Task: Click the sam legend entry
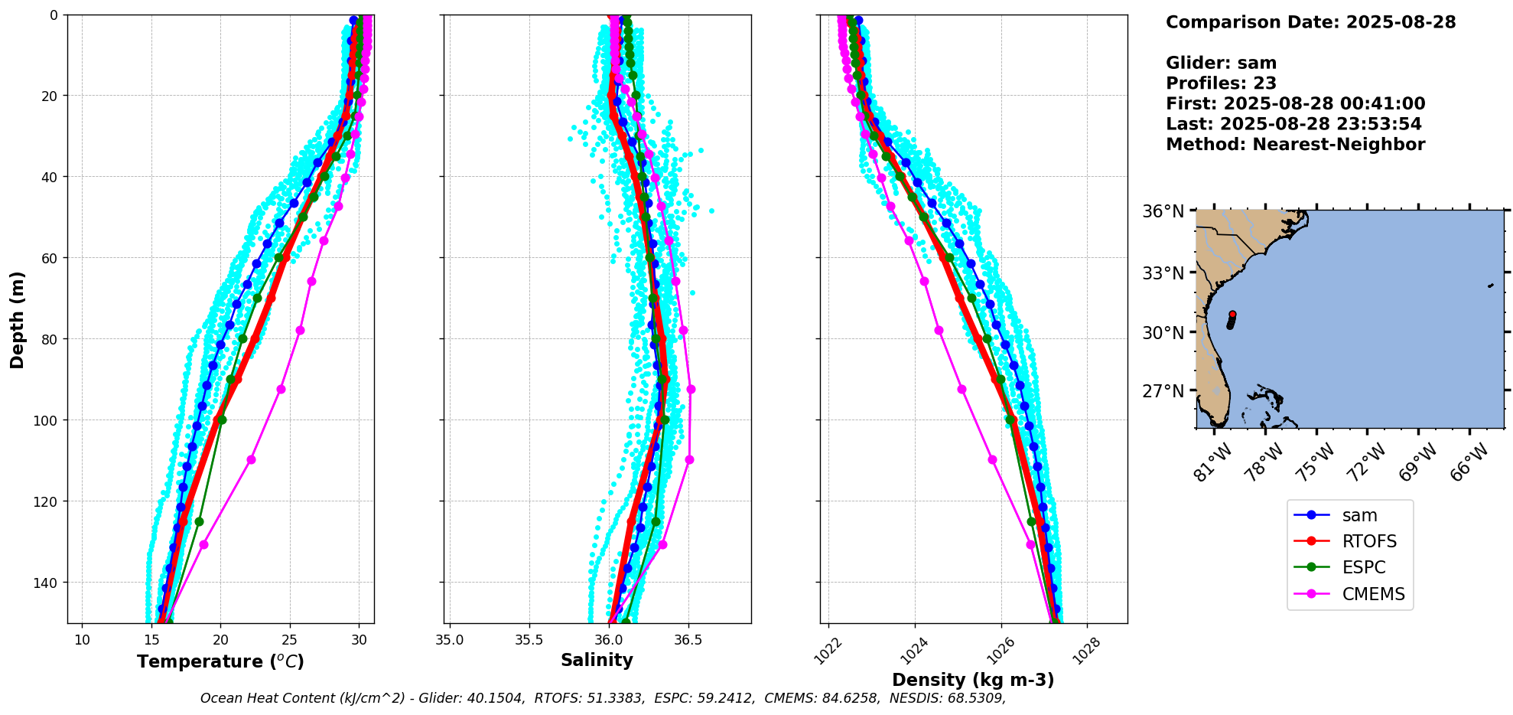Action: (x=1358, y=516)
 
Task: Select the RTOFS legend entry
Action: (x=1368, y=542)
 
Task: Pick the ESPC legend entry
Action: (x=1363, y=568)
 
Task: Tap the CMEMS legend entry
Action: (x=1373, y=594)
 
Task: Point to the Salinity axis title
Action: (x=597, y=661)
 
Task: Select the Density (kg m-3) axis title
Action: (x=973, y=680)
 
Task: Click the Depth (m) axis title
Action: (x=17, y=319)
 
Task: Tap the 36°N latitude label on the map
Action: (x=1163, y=211)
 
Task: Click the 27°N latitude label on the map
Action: (x=1163, y=391)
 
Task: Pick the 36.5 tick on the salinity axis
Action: (x=688, y=640)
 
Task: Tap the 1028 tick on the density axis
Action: (x=1087, y=651)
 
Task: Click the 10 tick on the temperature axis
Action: (x=82, y=640)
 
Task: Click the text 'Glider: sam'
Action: (x=1221, y=64)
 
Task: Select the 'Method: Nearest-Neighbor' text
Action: (x=1295, y=145)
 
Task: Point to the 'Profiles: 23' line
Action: (x=1221, y=83)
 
